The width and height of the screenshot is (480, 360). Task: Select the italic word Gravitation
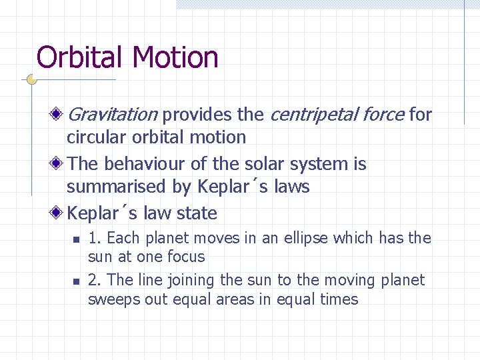(x=112, y=115)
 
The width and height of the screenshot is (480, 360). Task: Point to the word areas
(x=236, y=299)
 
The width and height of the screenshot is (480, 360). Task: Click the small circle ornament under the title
(x=31, y=80)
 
